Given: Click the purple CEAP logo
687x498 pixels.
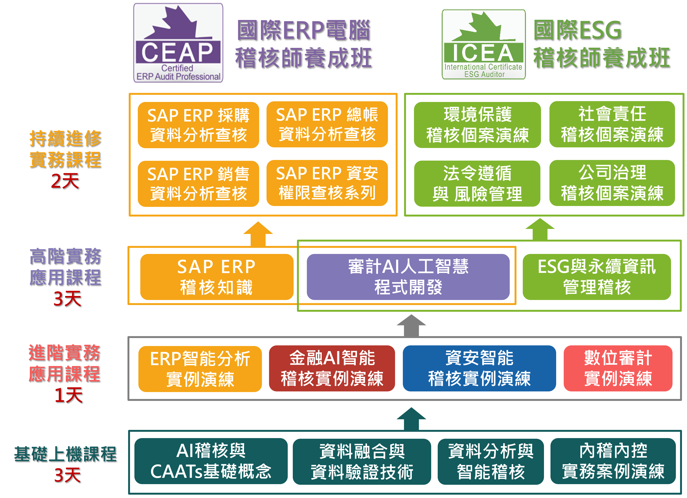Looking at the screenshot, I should tap(178, 43).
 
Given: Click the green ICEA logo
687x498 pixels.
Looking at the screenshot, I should tap(483, 45).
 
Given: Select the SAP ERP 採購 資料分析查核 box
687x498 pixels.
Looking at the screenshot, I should tap(198, 125).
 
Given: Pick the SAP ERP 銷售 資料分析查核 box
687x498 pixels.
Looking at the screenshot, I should tap(198, 184).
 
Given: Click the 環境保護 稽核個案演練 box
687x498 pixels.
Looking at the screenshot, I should tap(477, 125).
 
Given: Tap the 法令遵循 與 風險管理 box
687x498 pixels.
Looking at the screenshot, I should tap(477, 184).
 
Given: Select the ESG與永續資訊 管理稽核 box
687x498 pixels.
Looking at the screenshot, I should tap(596, 277).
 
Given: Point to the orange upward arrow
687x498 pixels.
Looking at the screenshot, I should tap(258, 234).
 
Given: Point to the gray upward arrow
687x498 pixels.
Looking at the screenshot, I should tap(411, 326).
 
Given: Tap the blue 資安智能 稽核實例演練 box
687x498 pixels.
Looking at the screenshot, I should tap(479, 368).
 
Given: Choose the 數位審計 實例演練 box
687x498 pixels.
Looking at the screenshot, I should tap(618, 368).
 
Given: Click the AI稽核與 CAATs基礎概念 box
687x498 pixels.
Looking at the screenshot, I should tap(211, 461).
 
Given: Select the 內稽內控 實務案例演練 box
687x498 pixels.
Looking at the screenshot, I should tap(613, 461).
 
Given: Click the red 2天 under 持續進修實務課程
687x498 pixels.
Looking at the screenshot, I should tap(65, 181).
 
